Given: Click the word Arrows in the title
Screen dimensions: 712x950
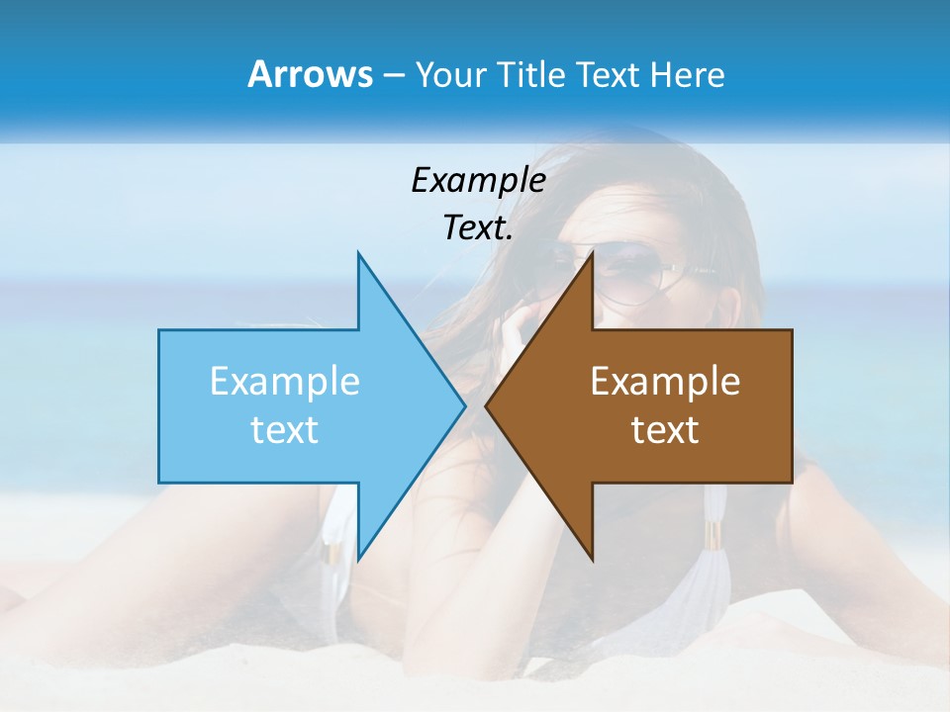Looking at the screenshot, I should coord(309,74).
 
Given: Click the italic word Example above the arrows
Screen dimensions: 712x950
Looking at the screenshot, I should coord(478,180).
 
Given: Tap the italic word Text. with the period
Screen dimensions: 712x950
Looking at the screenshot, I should coord(478,227).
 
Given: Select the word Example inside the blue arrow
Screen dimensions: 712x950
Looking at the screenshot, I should coord(284,382).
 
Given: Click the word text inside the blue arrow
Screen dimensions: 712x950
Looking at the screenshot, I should coord(284,430).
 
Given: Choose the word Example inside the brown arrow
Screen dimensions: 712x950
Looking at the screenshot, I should coord(665,382).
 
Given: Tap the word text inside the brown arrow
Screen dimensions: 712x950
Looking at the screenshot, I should coord(665,430).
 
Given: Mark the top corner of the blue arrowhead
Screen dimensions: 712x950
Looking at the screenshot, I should coord(358,254).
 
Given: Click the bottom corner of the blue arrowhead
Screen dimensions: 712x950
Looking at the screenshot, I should coord(358,559).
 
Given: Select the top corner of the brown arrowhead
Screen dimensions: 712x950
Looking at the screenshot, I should coord(592,254).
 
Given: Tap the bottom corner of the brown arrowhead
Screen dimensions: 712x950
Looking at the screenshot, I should coord(592,559).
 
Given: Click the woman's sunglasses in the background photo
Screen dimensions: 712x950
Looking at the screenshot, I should coord(633,272).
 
